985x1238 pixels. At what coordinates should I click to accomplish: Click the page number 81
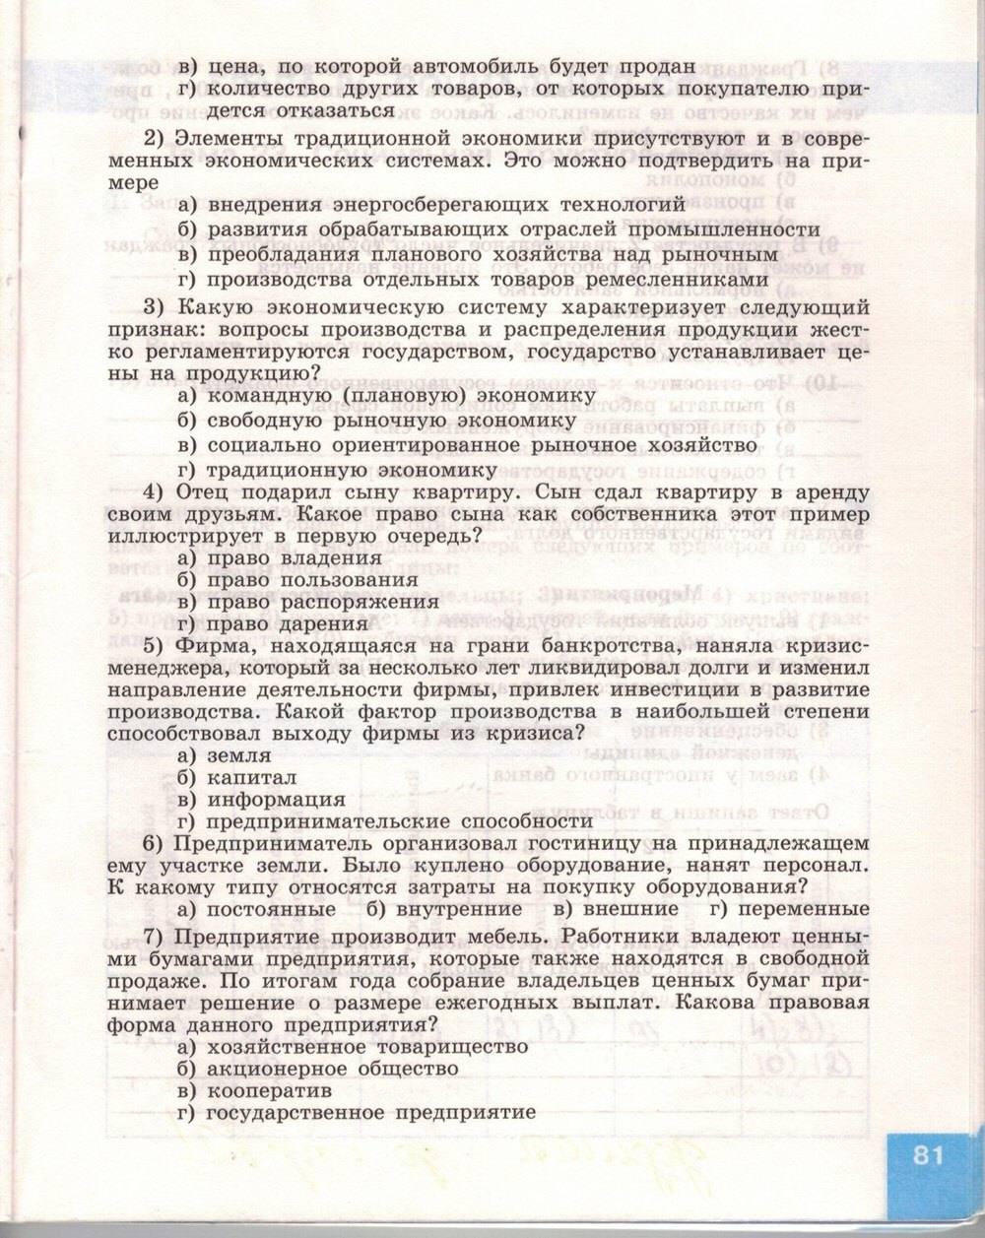tap(928, 1155)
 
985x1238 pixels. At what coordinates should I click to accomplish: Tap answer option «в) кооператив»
tap(253, 1091)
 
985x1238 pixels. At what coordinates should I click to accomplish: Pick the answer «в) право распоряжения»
tap(307, 601)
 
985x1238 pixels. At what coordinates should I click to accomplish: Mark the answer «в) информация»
tap(261, 800)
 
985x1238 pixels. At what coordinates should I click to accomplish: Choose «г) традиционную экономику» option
tap(338, 470)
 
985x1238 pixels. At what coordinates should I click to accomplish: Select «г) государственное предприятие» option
tap(357, 1113)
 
